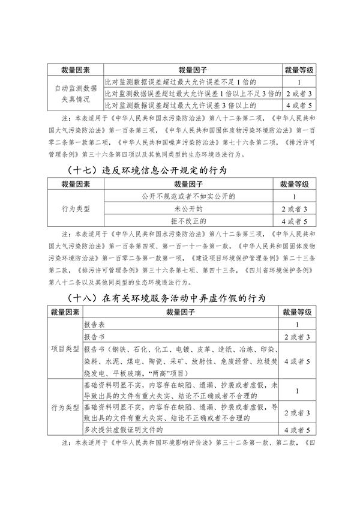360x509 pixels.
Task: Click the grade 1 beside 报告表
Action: click(x=298, y=324)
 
